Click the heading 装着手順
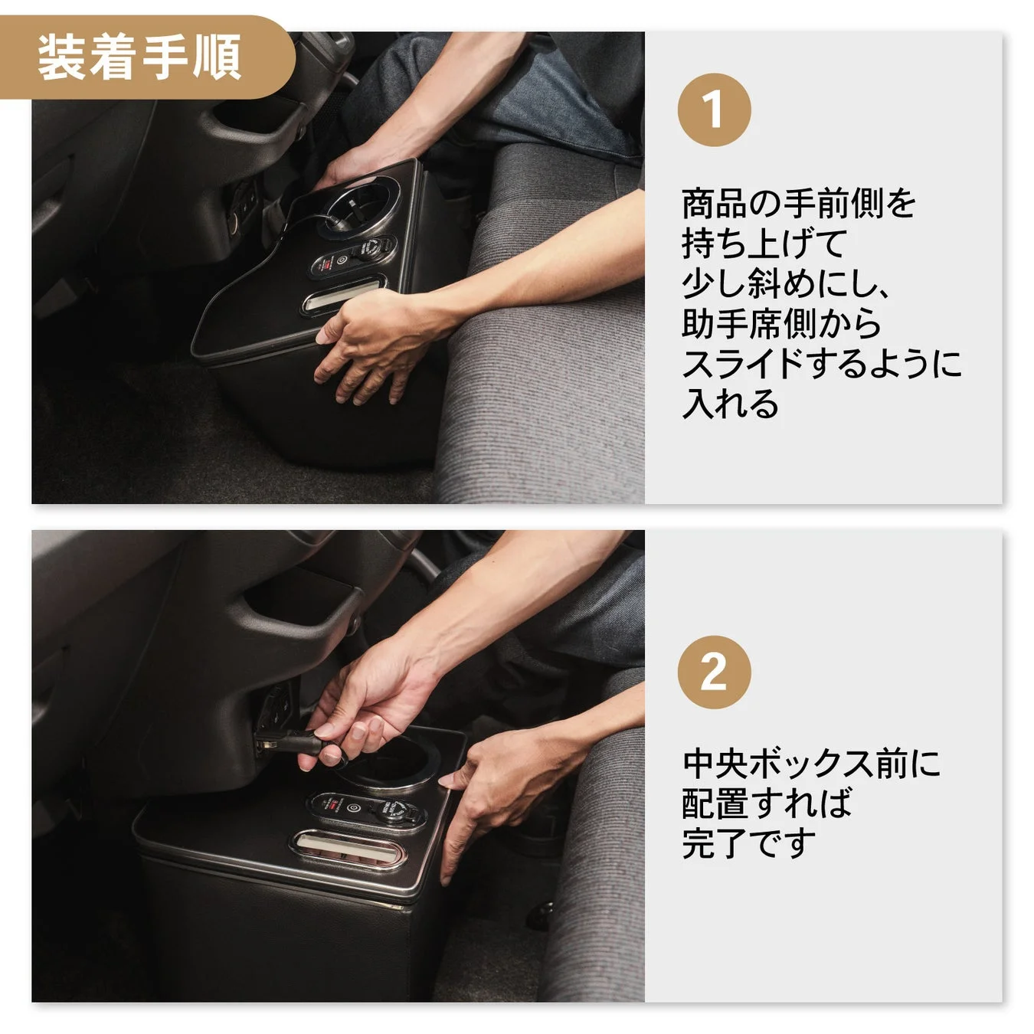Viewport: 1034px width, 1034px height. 140,57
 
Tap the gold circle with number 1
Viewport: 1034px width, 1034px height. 713,110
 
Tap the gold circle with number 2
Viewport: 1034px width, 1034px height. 713,672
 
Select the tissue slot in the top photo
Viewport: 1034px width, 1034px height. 342,296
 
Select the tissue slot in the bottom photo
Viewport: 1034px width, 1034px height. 349,850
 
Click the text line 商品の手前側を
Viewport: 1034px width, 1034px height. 799,204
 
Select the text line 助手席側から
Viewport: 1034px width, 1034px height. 781,323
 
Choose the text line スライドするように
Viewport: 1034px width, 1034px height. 821,363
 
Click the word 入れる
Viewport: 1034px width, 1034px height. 730,403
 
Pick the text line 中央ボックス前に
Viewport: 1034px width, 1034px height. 811,764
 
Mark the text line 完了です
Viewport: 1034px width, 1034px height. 748,843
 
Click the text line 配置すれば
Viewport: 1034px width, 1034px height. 767,803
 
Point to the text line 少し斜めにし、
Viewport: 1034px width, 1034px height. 787,283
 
